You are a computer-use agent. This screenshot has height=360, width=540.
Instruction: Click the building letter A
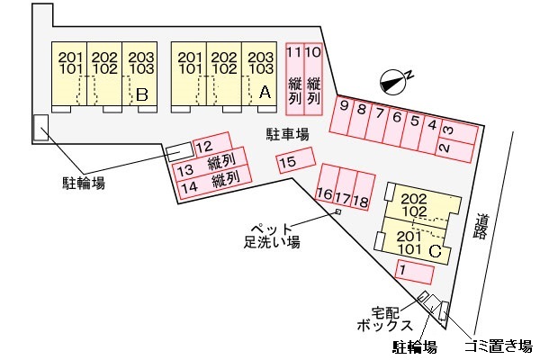(264, 92)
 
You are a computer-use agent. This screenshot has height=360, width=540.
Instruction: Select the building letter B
(141, 93)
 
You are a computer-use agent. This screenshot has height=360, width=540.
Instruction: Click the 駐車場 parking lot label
(287, 134)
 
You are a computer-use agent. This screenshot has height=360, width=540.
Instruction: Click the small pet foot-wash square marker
(338, 211)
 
